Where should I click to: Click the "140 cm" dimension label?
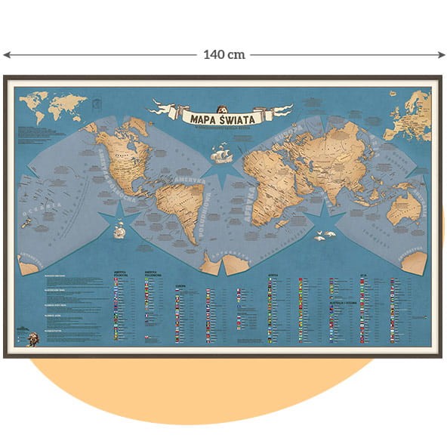(x=224, y=55)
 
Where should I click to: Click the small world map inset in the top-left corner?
(x=51, y=106)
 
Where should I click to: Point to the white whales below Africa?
(x=325, y=237)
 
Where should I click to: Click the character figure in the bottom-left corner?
(x=32, y=338)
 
